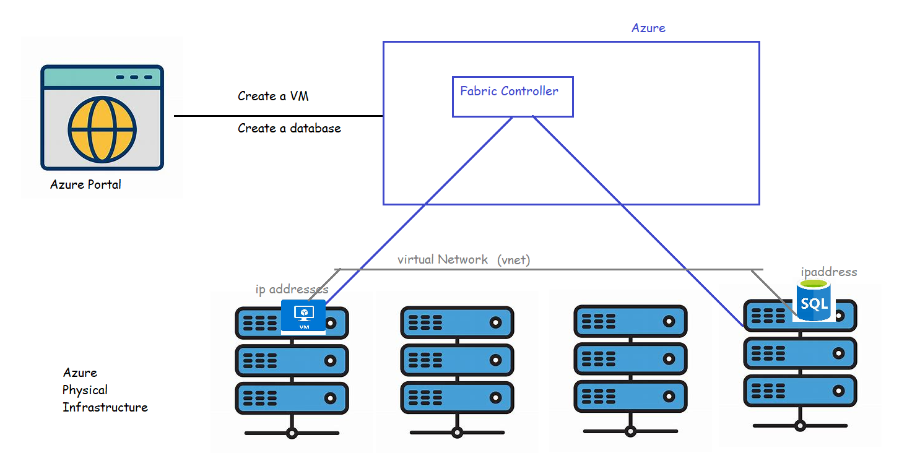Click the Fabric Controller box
512,97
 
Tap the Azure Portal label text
85,184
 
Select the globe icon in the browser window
102,129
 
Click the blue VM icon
303,316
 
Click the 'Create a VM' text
273,97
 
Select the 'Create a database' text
289,129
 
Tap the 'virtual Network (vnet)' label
463,260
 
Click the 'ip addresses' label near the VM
292,290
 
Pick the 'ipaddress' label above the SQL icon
828,272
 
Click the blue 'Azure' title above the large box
648,28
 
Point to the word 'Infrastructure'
105,407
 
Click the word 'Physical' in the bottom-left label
85,390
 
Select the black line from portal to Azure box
278,116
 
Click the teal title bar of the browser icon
102,77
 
